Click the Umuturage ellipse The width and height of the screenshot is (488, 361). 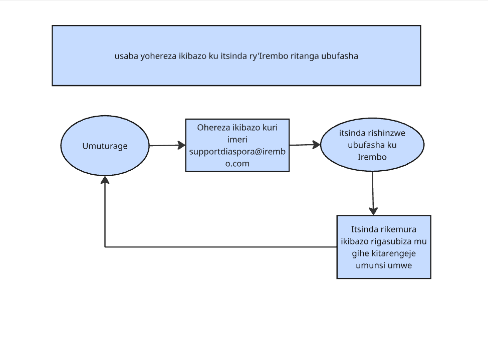coord(105,146)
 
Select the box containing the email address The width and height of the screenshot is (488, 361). coord(237,145)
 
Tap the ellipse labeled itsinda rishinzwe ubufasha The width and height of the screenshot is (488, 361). coord(372,145)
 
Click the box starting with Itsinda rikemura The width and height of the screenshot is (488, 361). coord(384,247)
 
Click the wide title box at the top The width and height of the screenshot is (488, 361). coord(236,56)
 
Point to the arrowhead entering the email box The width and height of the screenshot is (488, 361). coord(181,145)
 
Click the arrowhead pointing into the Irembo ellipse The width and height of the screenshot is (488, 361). coord(317,144)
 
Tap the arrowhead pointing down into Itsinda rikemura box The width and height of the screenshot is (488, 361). coord(373,211)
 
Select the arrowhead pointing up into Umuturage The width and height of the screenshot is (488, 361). coord(105,180)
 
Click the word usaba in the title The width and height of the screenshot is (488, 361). coord(126,56)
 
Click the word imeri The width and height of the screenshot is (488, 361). coord(237,140)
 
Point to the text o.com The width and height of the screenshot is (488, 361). coord(237,164)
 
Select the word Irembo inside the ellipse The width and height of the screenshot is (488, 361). coord(372,157)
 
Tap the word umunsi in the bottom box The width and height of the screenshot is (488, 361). coord(371,265)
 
